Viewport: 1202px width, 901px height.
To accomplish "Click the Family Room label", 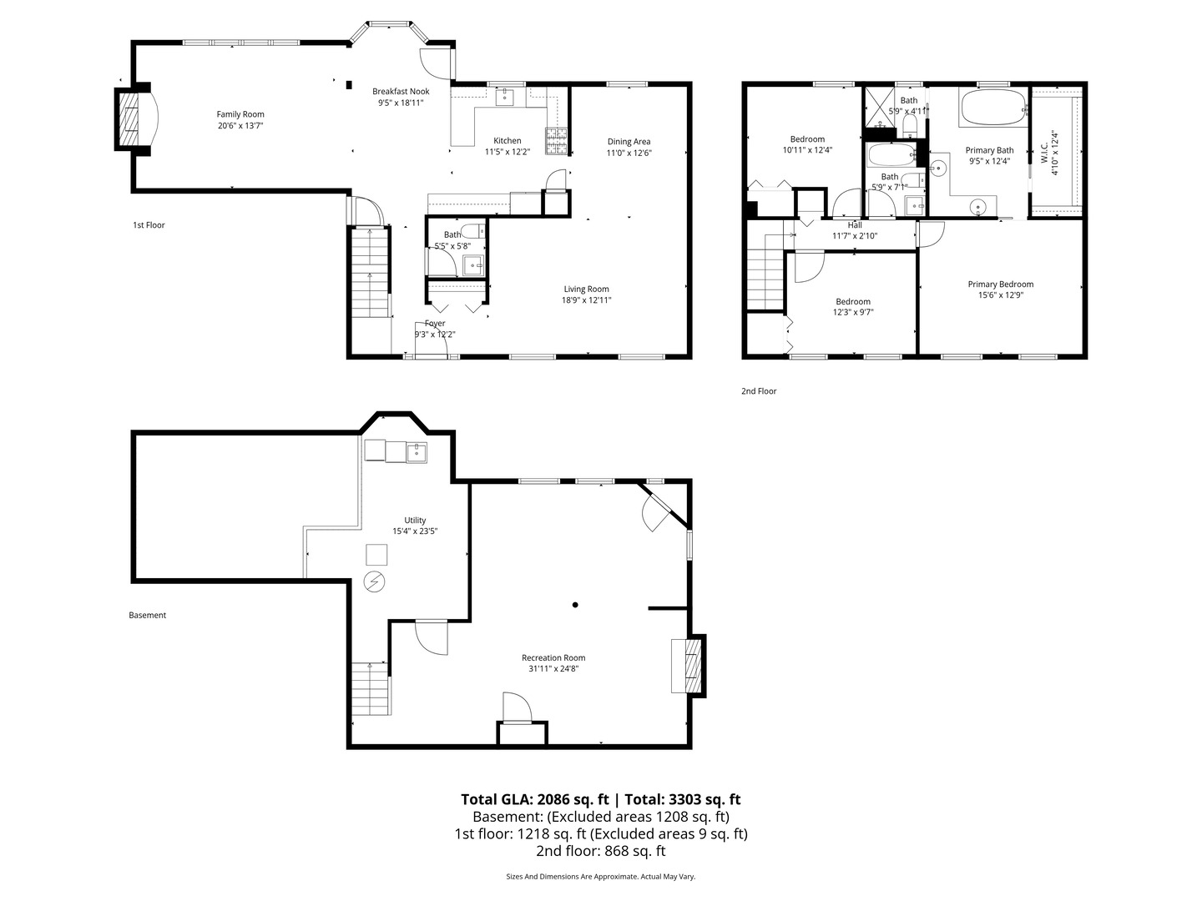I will (240, 114).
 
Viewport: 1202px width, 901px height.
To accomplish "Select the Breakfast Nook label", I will (401, 92).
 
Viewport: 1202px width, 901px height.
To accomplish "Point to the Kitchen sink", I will (505, 98).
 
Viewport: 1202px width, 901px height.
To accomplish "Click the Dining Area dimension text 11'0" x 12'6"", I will (629, 153).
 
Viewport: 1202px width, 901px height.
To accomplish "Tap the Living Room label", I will (586, 289).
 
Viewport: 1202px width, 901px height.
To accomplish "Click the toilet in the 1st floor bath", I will (472, 230).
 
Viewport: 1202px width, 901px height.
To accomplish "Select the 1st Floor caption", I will (149, 225).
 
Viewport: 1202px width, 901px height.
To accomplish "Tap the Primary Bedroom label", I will (1000, 284).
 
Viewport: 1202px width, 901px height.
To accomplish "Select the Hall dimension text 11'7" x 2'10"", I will (854, 236).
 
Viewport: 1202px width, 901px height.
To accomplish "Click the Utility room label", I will (415, 521).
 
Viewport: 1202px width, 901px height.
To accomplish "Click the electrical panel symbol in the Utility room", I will (375, 581).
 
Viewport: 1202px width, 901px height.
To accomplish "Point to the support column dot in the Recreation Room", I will (575, 605).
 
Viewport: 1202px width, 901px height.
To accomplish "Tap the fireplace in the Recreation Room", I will (687, 665).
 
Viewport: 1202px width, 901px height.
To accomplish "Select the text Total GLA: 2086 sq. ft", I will (536, 799).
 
